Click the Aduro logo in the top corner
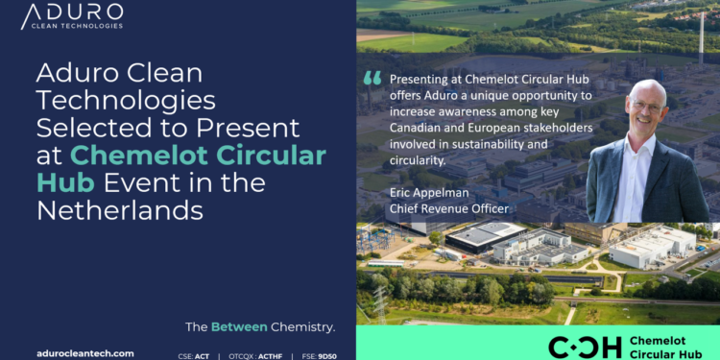pyautogui.click(x=72, y=16)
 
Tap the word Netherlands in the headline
pyautogui.click(x=119, y=210)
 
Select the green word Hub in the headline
pyautogui.click(x=61, y=182)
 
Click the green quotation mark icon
pyautogui.click(x=373, y=81)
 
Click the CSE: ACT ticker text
pyautogui.click(x=194, y=354)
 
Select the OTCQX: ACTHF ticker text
pyautogui.click(x=256, y=354)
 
